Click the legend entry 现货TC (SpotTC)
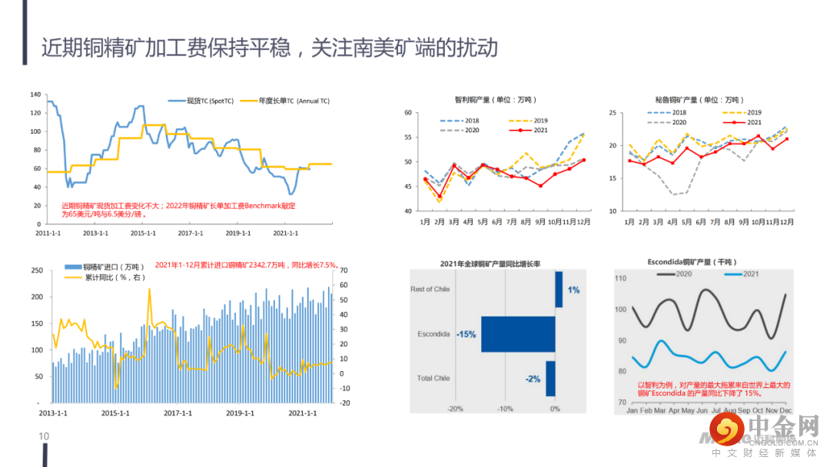[x=201, y=101]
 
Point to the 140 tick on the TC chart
[x=35, y=94]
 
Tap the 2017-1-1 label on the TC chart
[x=189, y=233]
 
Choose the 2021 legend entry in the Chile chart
[x=533, y=131]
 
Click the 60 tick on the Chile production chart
[x=408, y=113]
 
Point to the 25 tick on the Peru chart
[x=613, y=113]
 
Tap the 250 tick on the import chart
[x=35, y=270]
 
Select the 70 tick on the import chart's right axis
[x=344, y=270]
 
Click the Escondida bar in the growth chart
[x=518, y=334]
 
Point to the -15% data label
[x=466, y=334]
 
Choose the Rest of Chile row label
[x=430, y=290]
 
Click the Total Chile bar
[x=550, y=379]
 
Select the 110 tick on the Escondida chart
[x=621, y=278]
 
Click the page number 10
[x=44, y=436]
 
